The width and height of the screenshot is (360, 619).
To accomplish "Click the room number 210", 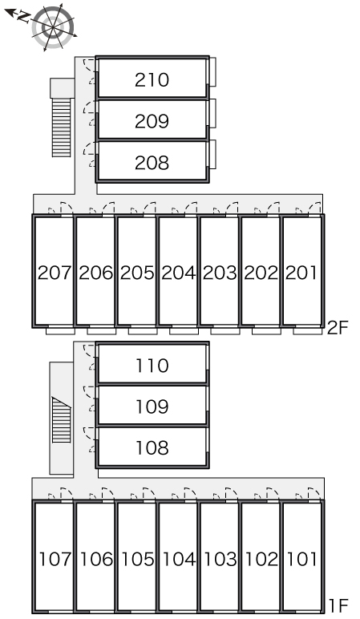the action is pyautogui.click(x=152, y=79).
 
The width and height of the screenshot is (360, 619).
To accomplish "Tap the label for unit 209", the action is pyautogui.click(x=152, y=121).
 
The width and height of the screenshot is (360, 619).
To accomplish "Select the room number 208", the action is pyautogui.click(x=152, y=163).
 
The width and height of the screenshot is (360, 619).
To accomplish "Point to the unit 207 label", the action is pyautogui.click(x=54, y=273).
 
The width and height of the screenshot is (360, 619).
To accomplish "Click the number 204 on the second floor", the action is pyautogui.click(x=179, y=273).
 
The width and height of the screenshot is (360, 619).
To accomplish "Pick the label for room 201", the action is pyautogui.click(x=301, y=273).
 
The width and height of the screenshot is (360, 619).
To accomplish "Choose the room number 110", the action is pyautogui.click(x=152, y=366).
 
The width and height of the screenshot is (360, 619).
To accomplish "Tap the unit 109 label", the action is pyautogui.click(x=152, y=407).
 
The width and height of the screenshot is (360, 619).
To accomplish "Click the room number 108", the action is pyautogui.click(x=152, y=447).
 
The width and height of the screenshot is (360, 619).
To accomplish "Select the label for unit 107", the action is pyautogui.click(x=55, y=559).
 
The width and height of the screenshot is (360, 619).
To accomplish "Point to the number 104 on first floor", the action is pyautogui.click(x=179, y=559).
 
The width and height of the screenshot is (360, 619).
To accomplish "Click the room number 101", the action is pyautogui.click(x=301, y=559).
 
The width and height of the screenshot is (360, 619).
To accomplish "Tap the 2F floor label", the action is pyautogui.click(x=338, y=328).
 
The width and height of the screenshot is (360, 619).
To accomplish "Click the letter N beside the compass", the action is pyautogui.click(x=24, y=17).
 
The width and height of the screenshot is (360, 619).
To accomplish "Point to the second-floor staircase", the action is pyautogui.click(x=62, y=127).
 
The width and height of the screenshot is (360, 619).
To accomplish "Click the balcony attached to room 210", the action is pyautogui.click(x=212, y=72).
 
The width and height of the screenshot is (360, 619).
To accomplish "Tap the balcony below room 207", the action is pyautogui.click(x=60, y=331).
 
